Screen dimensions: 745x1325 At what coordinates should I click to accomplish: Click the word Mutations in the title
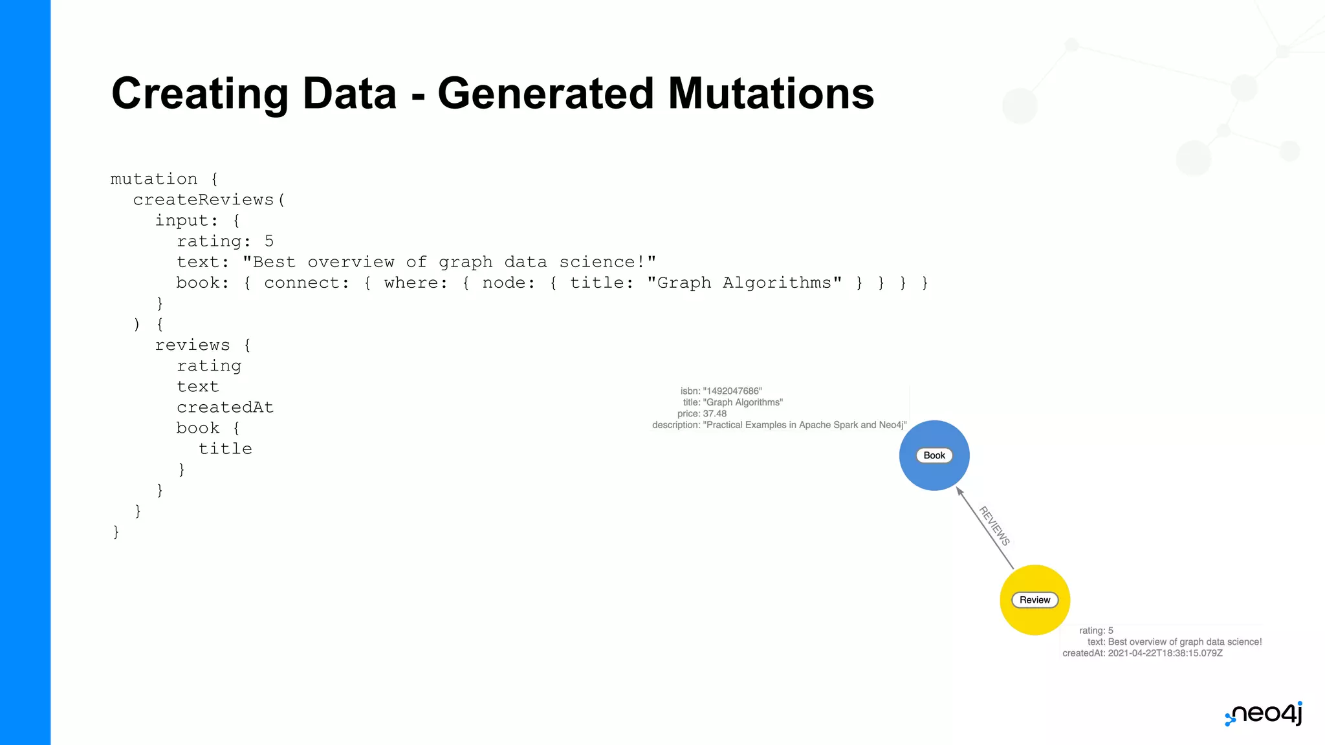click(x=771, y=94)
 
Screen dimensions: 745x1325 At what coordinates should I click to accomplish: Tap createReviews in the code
click(x=204, y=200)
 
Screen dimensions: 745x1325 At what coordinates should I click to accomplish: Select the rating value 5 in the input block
click(x=269, y=241)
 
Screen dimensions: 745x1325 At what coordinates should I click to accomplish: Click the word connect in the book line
click(x=306, y=283)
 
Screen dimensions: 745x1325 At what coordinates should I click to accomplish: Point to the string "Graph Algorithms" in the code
click(x=744, y=283)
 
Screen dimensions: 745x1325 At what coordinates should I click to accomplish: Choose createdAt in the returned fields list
click(x=225, y=407)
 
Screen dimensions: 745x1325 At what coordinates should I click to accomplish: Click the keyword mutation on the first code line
click(x=154, y=179)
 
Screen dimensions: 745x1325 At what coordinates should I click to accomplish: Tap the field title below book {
click(x=225, y=449)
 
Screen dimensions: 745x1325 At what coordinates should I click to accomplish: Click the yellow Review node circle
click(x=1035, y=614)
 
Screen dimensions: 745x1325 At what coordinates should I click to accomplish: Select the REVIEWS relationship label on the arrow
click(x=994, y=526)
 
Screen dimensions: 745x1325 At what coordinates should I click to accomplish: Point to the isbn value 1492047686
click(x=732, y=391)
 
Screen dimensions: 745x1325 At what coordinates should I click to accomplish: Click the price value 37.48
click(x=714, y=414)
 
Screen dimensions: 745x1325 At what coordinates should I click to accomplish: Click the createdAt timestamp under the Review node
click(x=1165, y=653)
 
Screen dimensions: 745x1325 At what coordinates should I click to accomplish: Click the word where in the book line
click(x=415, y=283)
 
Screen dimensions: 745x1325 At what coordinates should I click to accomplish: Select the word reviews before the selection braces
click(x=193, y=345)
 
